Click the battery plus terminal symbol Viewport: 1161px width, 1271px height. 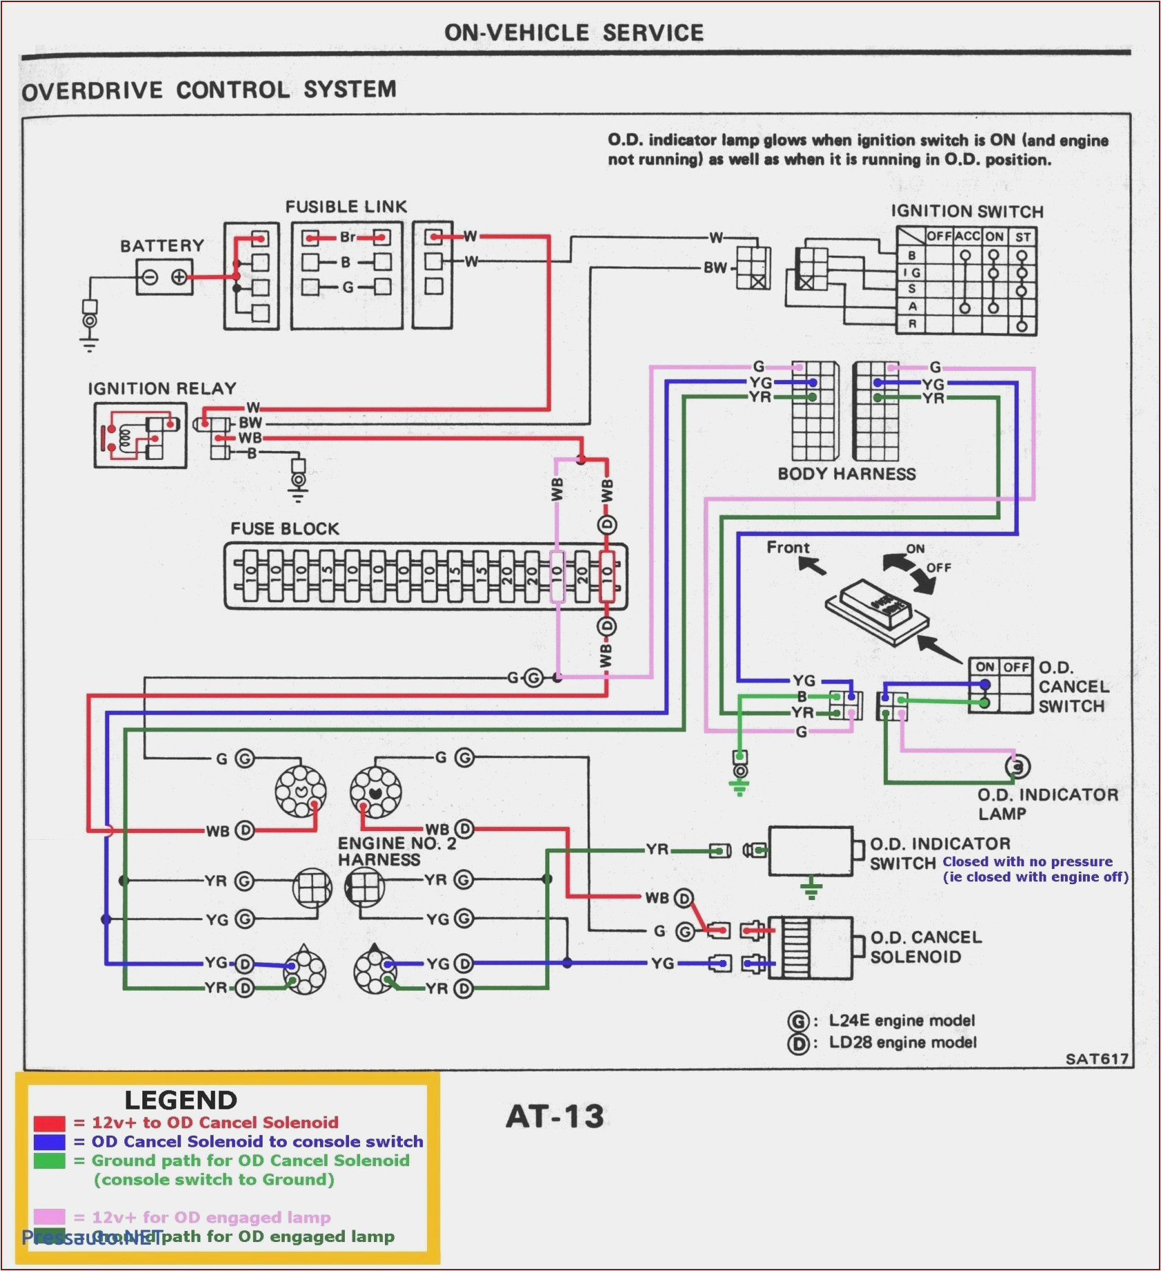(178, 278)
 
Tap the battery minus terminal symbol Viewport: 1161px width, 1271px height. (150, 278)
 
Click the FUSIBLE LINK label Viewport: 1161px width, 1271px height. (346, 207)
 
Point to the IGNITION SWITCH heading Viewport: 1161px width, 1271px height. (966, 211)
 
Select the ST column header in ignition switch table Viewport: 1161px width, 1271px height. (1023, 237)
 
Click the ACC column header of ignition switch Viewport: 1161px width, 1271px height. (967, 236)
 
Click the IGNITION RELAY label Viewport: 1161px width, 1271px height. (162, 388)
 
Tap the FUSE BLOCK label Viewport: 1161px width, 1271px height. (285, 528)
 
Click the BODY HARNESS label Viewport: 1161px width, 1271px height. (847, 474)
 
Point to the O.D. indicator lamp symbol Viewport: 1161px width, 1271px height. (1017, 766)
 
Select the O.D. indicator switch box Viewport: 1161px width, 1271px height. (811, 851)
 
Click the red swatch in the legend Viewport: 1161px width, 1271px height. (49, 1123)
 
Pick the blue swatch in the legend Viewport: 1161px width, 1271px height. (49, 1142)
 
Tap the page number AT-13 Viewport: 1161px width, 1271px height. (555, 1117)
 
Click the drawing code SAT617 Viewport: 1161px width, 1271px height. (1097, 1059)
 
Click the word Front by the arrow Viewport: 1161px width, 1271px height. (788, 548)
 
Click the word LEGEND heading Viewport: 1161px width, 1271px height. (180, 1100)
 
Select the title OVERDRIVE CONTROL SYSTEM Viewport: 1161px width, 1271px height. (209, 90)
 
